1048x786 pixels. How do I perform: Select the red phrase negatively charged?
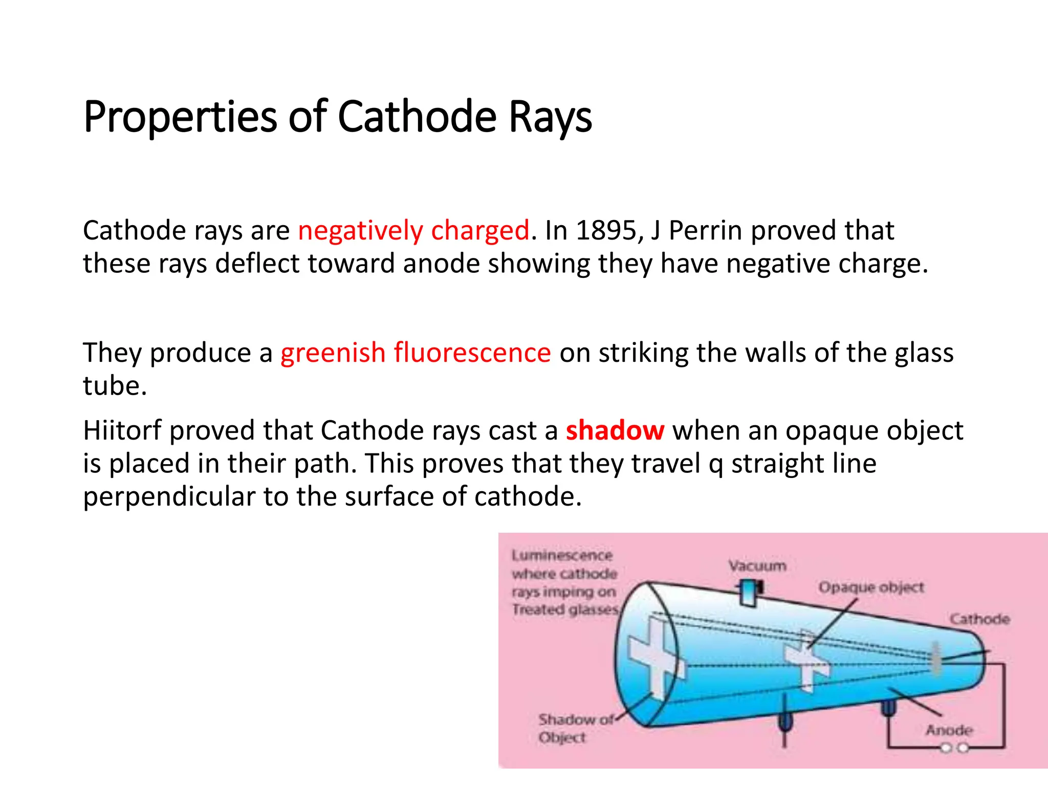pos(413,230)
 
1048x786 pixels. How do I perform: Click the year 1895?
pos(606,230)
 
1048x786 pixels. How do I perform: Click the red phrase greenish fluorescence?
pos(416,353)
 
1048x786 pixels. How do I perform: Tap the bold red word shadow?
pos(615,430)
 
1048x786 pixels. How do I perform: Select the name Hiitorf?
pos(122,430)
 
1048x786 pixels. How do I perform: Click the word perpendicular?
pos(169,496)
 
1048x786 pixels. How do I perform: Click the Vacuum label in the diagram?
pos(757,566)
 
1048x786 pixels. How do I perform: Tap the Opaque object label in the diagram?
pos(871,587)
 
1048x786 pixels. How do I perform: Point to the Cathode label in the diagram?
pos(979,619)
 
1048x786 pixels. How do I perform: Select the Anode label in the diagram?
pos(949,730)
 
